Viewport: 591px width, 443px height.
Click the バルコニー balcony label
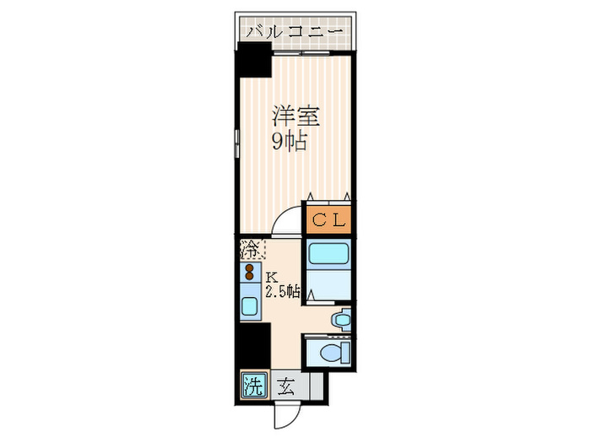tap(295, 32)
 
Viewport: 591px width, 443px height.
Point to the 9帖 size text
tap(288, 142)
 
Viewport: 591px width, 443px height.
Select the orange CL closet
tap(328, 220)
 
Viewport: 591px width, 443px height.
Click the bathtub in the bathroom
tap(328, 256)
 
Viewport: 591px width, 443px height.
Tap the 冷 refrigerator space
tap(252, 249)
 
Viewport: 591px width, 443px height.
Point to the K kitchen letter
tap(272, 277)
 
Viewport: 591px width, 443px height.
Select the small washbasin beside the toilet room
tap(341, 320)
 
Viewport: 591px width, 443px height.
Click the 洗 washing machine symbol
tap(252, 387)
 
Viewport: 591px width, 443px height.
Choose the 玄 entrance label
tap(285, 387)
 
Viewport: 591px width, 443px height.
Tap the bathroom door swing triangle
tap(311, 294)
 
